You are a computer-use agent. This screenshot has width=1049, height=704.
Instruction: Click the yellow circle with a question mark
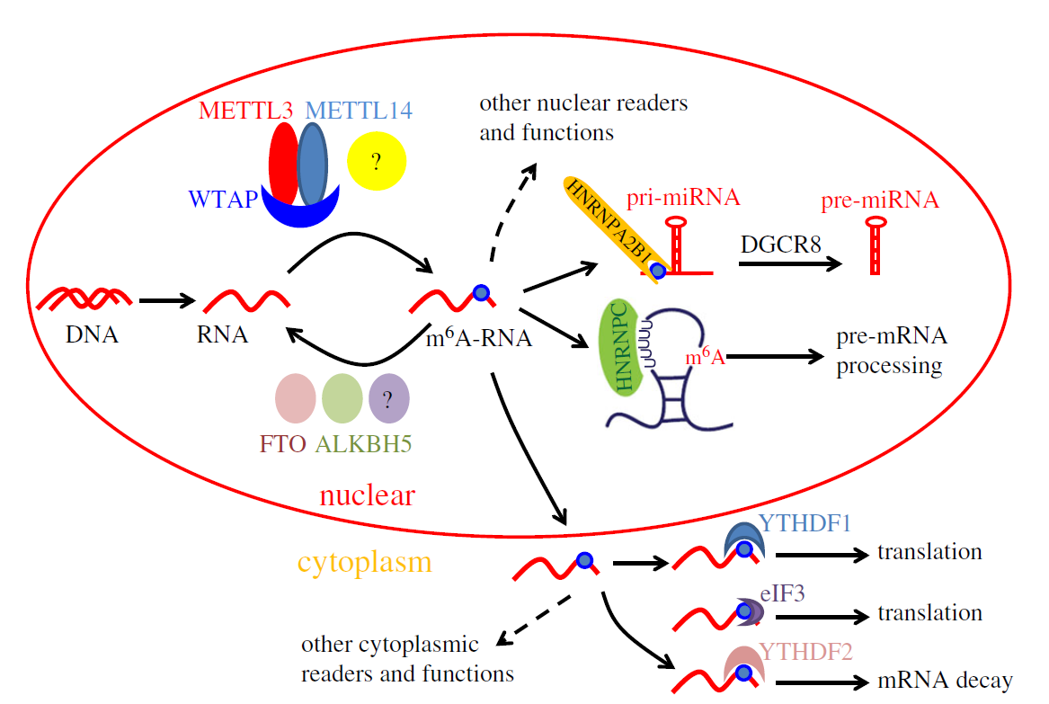[377, 162]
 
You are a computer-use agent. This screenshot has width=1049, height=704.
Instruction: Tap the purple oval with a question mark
[389, 398]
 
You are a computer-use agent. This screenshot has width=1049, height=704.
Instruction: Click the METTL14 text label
[359, 111]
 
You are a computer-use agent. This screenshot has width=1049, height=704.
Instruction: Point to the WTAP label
[222, 199]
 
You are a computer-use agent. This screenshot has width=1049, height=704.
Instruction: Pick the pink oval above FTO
[295, 398]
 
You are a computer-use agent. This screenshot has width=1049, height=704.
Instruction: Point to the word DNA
[91, 335]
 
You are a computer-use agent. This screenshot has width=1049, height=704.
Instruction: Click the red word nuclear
[367, 495]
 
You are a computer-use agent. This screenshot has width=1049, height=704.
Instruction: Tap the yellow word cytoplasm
[364, 563]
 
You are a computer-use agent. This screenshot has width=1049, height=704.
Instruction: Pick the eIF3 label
[786, 593]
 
